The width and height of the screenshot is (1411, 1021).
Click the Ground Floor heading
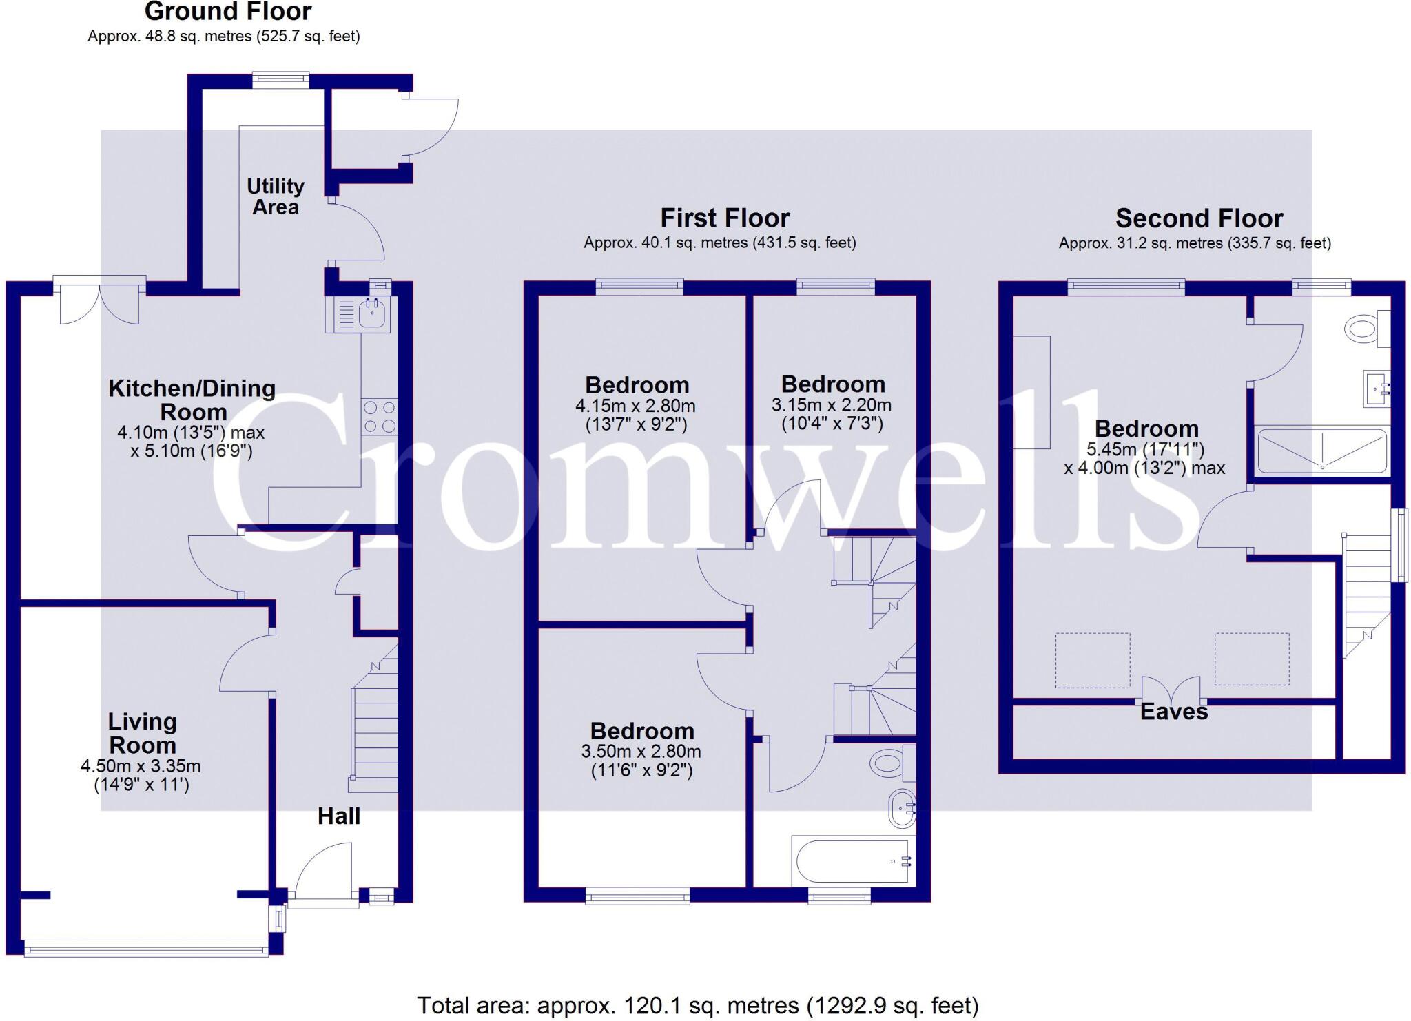(228, 12)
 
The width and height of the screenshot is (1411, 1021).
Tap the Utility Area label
(276, 196)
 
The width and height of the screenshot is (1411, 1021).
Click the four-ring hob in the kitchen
(379, 416)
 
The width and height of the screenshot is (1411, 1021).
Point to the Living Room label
(143, 733)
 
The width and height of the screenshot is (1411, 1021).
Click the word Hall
(338, 816)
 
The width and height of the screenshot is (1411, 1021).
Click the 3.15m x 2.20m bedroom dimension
(832, 413)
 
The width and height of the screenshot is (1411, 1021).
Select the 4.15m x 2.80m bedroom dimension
(635, 415)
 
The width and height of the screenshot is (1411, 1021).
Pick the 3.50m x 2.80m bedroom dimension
(641, 761)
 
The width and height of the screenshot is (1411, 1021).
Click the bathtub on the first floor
(852, 861)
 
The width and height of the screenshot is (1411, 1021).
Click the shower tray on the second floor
(1321, 451)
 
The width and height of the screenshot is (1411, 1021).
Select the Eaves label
(1173, 712)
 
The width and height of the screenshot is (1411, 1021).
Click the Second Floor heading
(1199, 218)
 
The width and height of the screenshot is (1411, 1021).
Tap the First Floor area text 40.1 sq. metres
(719, 243)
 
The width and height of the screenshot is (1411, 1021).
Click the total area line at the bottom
(697, 1005)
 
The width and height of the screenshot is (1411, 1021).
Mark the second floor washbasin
(1377, 389)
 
